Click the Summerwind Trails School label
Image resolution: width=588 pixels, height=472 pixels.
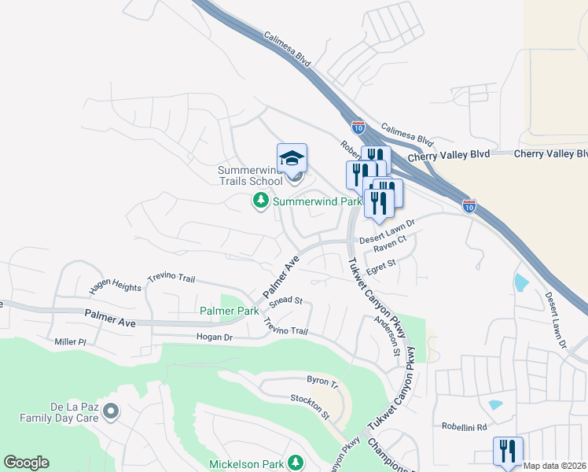pyautogui.click(x=249, y=176)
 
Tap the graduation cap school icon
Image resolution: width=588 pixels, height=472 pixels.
pyautogui.click(x=292, y=157)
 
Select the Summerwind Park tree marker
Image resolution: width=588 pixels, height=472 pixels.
pyautogui.click(x=260, y=202)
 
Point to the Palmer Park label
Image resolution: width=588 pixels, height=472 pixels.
pyautogui.click(x=229, y=312)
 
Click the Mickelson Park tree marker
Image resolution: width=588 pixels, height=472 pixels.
pyautogui.click(x=296, y=463)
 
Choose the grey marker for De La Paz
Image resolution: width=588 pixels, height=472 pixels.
pyautogui.click(x=111, y=411)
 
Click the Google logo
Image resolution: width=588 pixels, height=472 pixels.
pyautogui.click(x=26, y=463)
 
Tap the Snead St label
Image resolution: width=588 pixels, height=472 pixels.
pyautogui.click(x=285, y=301)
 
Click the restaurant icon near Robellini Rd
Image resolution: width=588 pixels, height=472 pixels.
pyautogui.click(x=507, y=451)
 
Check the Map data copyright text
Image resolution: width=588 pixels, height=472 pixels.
pyautogui.click(x=554, y=466)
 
